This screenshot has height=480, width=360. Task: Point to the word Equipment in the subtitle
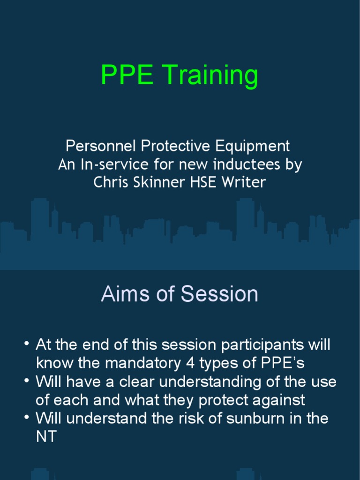pyautogui.click(x=253, y=146)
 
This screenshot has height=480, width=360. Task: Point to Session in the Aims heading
pyautogui.click(x=219, y=294)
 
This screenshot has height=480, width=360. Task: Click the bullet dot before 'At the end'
pyautogui.click(x=27, y=345)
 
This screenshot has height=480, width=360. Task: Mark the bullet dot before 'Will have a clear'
pyautogui.click(x=27, y=381)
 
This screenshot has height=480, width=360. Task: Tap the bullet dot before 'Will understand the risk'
pyautogui.click(x=27, y=418)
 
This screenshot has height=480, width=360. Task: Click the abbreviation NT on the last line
pyautogui.click(x=46, y=436)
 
